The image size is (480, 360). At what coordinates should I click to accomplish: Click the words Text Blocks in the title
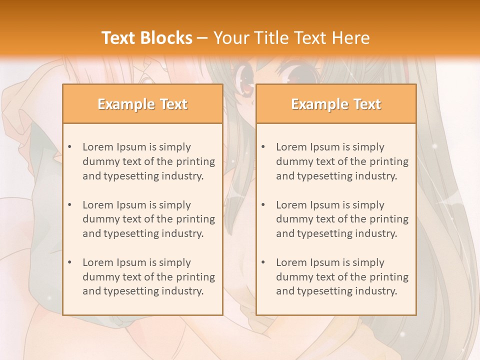pos(147,38)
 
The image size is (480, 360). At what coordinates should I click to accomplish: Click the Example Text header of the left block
pos(142,104)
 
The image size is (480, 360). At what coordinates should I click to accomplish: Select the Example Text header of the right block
pos(336,104)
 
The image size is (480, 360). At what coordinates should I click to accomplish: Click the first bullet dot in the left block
pos(70,147)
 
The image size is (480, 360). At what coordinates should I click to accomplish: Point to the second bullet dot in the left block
pos(70,205)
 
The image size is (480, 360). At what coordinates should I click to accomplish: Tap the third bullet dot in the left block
pos(70,262)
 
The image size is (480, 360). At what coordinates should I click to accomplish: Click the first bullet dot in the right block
pos(263,147)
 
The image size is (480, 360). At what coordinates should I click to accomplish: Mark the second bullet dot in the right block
pos(263,205)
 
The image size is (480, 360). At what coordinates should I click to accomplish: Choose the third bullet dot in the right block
pos(263,262)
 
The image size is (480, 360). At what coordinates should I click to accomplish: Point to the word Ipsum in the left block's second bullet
pos(131,205)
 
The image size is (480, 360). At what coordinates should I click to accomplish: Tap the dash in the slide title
pos(202,38)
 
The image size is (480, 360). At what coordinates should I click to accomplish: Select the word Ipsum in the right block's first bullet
pos(324,147)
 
